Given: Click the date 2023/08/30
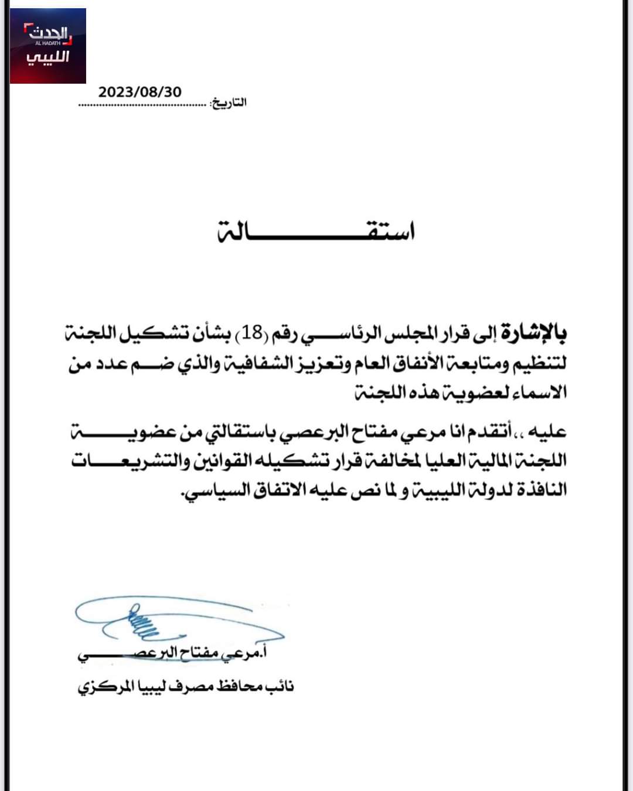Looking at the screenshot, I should [x=140, y=92].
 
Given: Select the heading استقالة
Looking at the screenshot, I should [x=317, y=231].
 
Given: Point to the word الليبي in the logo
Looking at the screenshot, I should [x=48, y=57].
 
